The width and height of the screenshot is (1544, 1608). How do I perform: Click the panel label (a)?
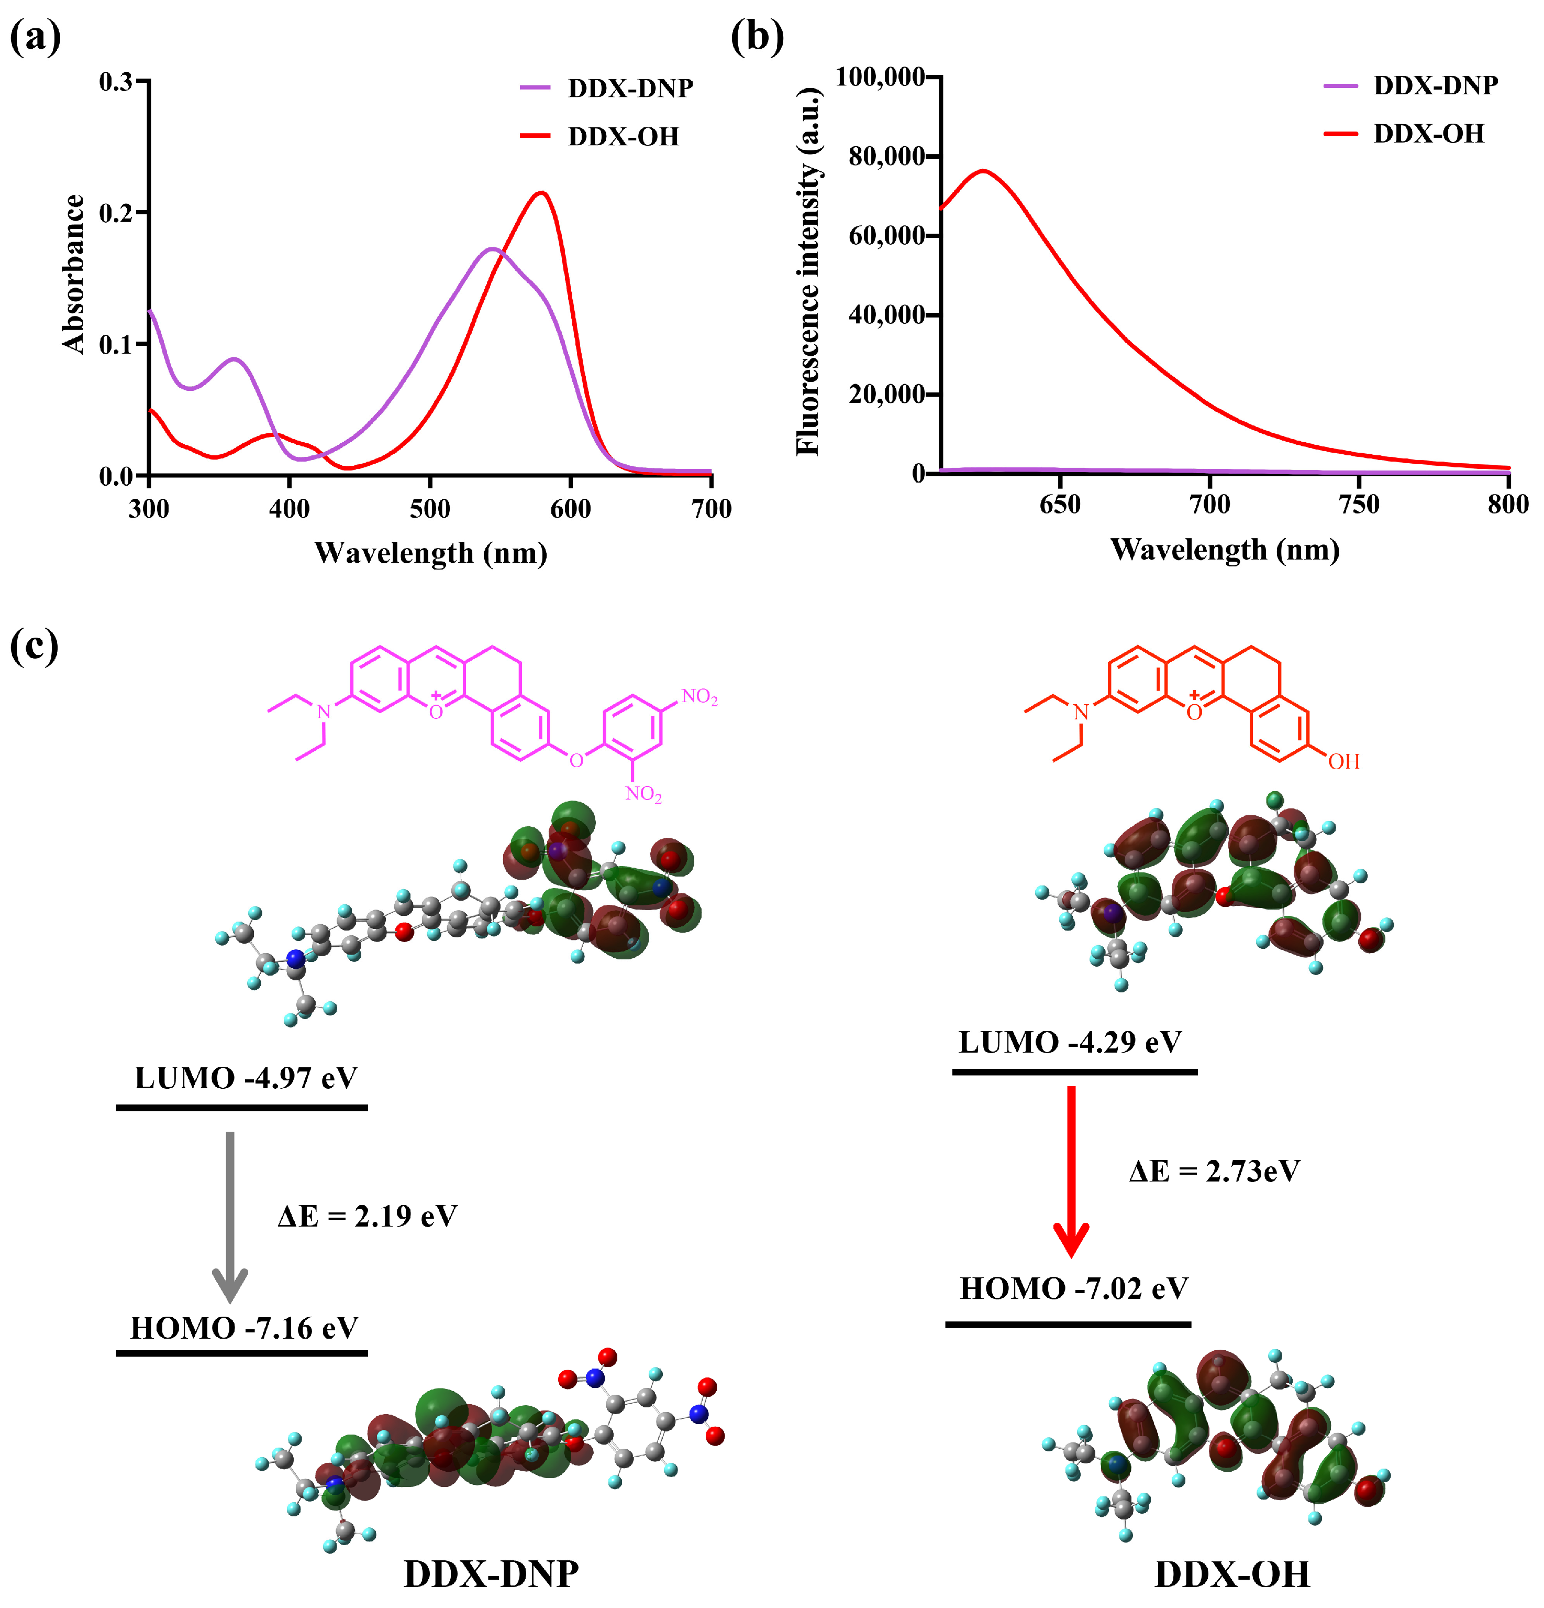pos(35,37)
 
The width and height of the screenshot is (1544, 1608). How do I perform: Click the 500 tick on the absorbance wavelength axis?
pos(430,509)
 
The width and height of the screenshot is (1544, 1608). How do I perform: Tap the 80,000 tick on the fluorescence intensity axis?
pos(885,156)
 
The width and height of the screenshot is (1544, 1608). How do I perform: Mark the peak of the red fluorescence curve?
pos(982,171)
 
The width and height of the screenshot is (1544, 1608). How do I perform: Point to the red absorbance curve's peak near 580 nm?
pos(541,193)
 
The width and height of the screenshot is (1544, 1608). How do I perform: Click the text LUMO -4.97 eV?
pos(246,1078)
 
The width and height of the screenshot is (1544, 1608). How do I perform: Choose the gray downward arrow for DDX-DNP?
pos(230,1214)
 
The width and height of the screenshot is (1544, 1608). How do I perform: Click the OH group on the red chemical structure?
pos(1343,761)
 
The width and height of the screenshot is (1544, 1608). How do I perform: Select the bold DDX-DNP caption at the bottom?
pos(491,1573)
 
